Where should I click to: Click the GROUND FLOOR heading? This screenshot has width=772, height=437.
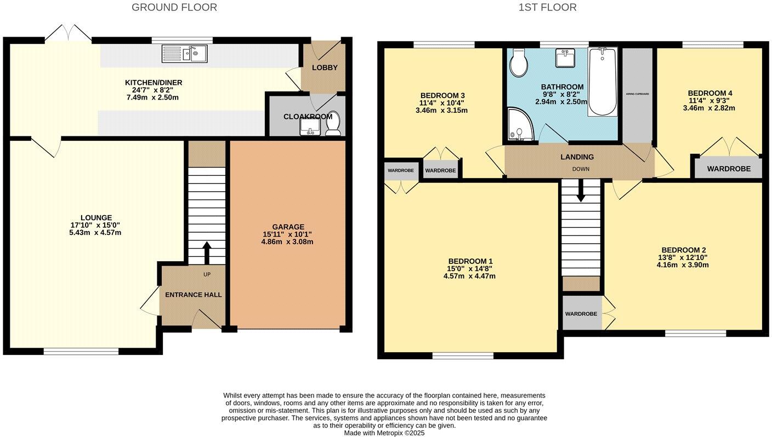click(174, 8)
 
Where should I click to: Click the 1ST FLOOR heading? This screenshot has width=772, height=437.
click(547, 8)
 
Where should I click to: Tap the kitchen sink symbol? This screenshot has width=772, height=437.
click(184, 54)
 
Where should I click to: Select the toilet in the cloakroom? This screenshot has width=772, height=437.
click(333, 125)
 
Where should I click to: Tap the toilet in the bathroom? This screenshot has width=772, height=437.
click(518, 63)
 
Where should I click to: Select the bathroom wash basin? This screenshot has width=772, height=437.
click(565, 58)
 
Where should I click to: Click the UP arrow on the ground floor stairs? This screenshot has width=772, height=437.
click(207, 253)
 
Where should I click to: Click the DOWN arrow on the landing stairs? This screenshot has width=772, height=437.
click(581, 190)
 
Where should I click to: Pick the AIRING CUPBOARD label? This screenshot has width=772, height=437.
click(637, 94)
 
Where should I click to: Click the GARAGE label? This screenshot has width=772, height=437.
click(288, 227)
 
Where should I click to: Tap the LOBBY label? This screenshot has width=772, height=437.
click(325, 68)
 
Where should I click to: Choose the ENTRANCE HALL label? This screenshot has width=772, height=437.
click(194, 295)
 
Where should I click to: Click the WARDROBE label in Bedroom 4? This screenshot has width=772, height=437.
click(729, 169)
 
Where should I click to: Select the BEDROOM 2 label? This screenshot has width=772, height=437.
click(683, 250)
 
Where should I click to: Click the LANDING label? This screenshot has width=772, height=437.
click(577, 157)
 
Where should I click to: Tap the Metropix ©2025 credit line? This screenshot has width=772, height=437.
click(384, 433)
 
